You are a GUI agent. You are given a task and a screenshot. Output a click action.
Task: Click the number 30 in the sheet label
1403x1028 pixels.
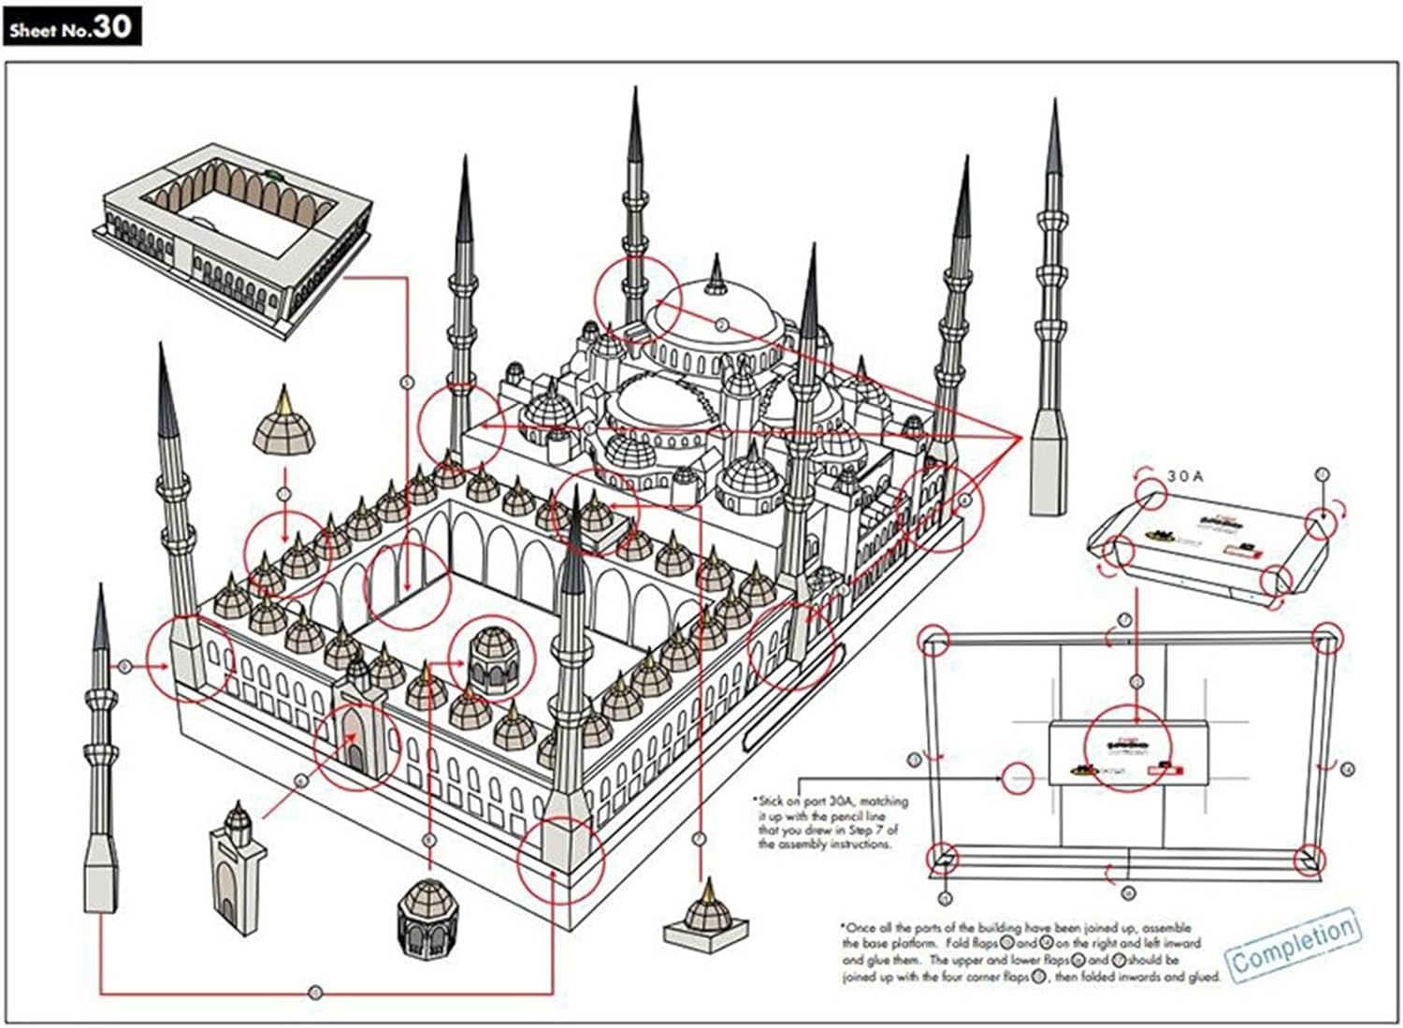pyautogui.click(x=111, y=26)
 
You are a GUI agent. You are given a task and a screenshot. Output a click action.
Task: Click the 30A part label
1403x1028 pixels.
pyautogui.click(x=1185, y=477)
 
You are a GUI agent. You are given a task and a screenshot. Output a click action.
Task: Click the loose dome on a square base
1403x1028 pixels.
pyautogui.click(x=706, y=917)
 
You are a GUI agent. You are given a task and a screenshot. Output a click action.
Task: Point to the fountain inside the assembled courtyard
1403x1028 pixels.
pyautogui.click(x=492, y=659)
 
